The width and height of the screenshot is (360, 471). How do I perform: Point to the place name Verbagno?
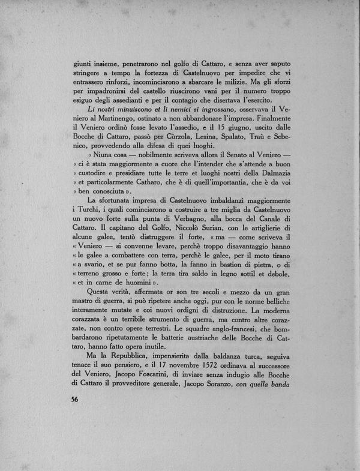[x=179, y=242]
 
